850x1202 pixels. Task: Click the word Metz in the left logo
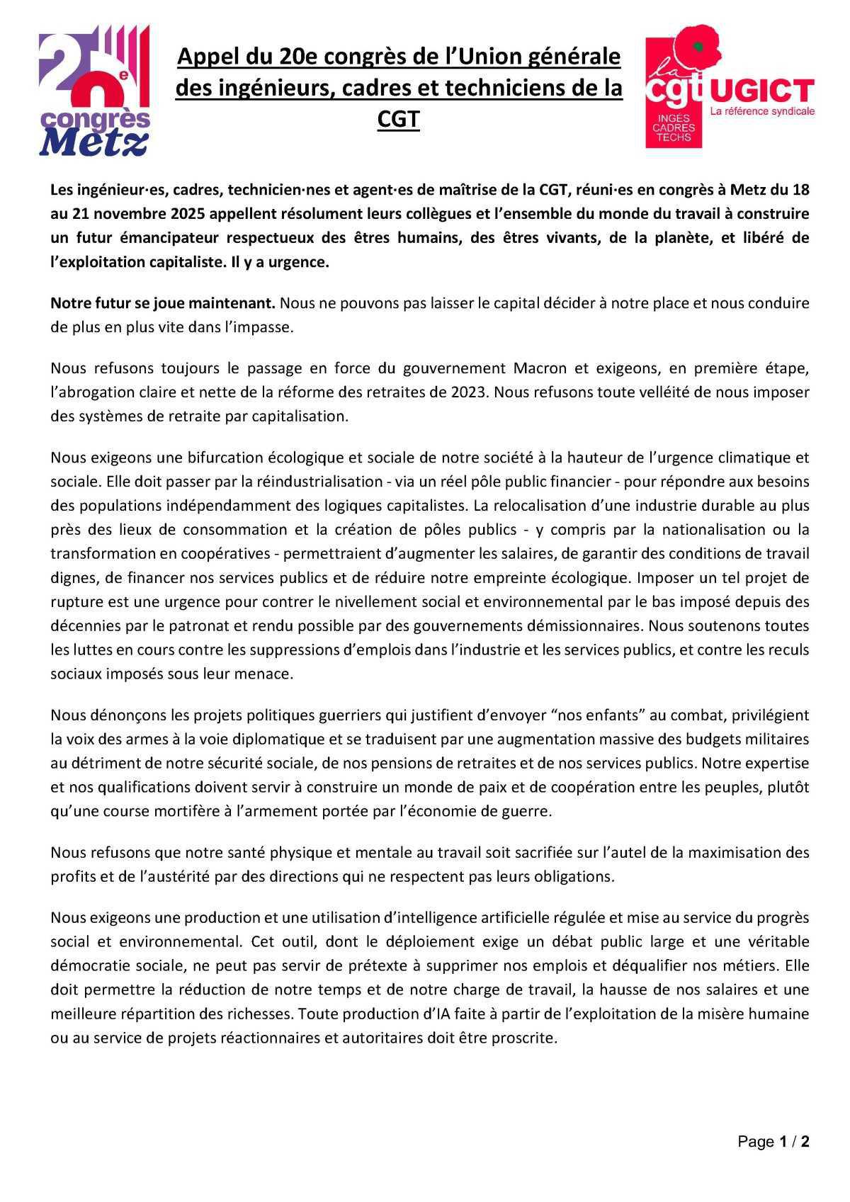tap(93, 142)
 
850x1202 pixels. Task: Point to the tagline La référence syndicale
tap(762, 112)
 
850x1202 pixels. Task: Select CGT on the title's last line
tap(399, 119)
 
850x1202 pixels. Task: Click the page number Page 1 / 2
tap(773, 1142)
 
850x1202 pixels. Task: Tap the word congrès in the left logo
tap(95, 115)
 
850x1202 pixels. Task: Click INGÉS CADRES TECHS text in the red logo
tap(674, 127)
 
